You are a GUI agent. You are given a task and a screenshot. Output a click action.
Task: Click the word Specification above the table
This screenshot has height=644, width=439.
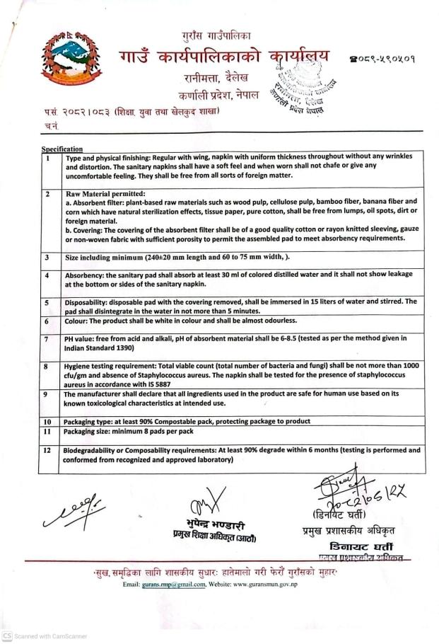coord(62,149)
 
